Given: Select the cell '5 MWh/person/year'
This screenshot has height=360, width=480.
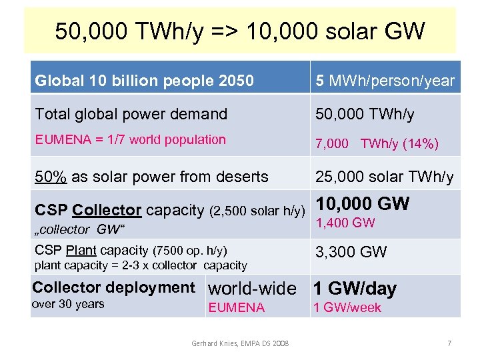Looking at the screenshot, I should pos(385,81).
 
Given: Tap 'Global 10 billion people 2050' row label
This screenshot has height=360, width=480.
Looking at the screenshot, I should pos(144,81).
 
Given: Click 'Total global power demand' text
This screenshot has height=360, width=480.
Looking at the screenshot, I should pos(131,114).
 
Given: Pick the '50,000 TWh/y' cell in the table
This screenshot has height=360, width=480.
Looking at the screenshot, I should pos(365,114).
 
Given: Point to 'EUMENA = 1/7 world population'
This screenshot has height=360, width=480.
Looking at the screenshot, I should pos(130,139).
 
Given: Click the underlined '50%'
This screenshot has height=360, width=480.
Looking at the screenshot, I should pos(50,177).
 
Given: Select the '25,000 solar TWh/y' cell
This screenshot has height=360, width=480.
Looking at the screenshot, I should pos(385,177).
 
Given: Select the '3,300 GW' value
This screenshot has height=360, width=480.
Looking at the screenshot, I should pos(351,252).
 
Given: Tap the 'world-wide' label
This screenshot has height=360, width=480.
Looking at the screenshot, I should pos(252,289).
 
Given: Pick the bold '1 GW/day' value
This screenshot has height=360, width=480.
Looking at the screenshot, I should pos(355,289).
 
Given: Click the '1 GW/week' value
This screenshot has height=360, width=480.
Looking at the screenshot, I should pos(347,307).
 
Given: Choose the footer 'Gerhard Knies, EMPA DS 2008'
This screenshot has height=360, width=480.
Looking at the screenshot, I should pos(240,343).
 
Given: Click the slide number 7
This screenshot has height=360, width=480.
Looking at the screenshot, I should pos(449,343).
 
